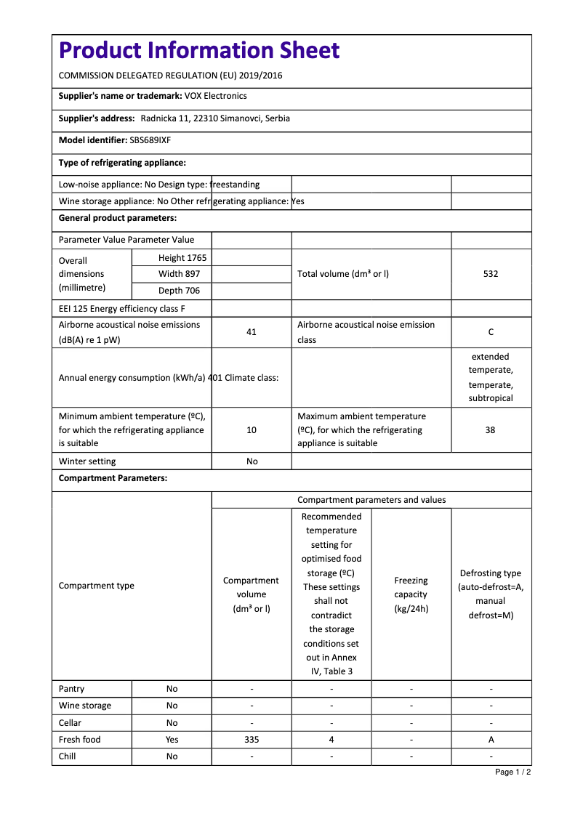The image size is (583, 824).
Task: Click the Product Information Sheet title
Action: pyautogui.click(x=199, y=50)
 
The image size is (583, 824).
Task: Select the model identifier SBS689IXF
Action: pyautogui.click(x=150, y=141)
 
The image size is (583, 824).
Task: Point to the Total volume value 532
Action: pyautogui.click(x=491, y=274)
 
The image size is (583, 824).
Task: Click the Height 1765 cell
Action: pyautogui.click(x=182, y=258)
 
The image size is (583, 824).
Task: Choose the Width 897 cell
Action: pyautogui.click(x=180, y=274)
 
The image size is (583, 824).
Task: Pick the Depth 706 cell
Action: pyautogui.click(x=180, y=291)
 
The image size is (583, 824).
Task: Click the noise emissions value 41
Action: pyautogui.click(x=252, y=332)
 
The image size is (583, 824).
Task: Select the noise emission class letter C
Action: pyautogui.click(x=491, y=332)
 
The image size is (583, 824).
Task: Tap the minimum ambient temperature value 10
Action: pyautogui.click(x=252, y=430)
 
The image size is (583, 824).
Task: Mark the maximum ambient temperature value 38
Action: pyautogui.click(x=491, y=430)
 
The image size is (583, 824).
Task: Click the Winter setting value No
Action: pyautogui.click(x=252, y=461)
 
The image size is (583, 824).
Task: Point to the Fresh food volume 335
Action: pyautogui.click(x=252, y=740)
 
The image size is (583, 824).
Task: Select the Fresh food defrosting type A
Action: pyautogui.click(x=491, y=740)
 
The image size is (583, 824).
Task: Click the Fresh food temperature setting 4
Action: pyautogui.click(x=331, y=740)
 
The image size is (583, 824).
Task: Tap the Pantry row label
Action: pyautogui.click(x=72, y=689)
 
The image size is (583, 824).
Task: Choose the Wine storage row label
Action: pyautogui.click(x=85, y=706)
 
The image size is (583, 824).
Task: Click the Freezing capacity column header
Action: pyautogui.click(x=411, y=594)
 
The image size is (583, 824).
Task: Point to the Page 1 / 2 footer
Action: pyautogui.click(x=512, y=772)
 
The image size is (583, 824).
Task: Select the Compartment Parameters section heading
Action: pyautogui.click(x=113, y=478)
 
